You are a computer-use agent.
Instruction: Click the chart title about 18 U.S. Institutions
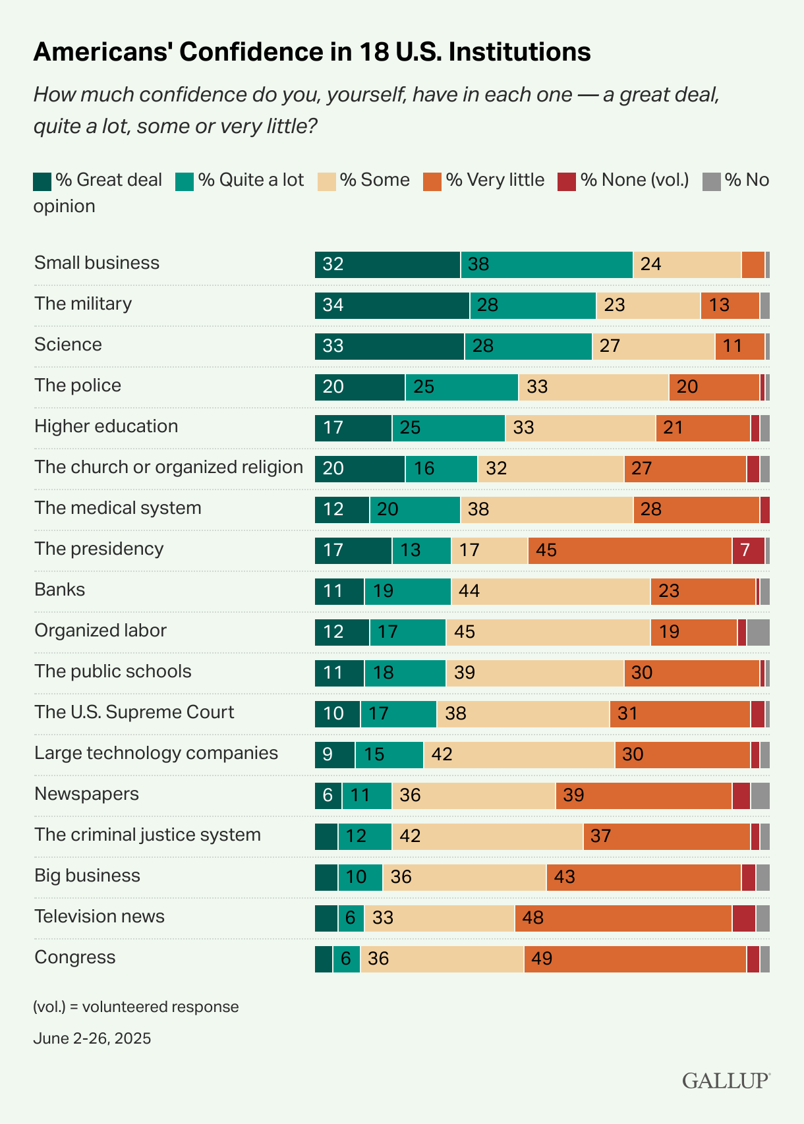coord(312,52)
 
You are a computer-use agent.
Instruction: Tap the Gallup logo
coord(726,1081)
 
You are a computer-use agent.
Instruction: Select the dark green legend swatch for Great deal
coord(42,181)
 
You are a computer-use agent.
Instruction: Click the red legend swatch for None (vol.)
coord(567,181)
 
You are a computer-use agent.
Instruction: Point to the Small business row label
coord(97,263)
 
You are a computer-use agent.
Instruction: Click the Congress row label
coord(75,957)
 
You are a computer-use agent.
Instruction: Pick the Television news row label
coord(100,916)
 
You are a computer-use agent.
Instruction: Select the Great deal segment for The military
coord(392,306)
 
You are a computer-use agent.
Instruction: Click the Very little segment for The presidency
coord(629,551)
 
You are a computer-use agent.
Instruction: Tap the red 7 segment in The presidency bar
coord(748,551)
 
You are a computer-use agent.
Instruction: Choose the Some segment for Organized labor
coord(548,632)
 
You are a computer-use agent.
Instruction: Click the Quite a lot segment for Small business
coord(546,265)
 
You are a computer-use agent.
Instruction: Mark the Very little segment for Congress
coord(635,959)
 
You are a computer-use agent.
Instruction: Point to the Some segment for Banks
coord(550,592)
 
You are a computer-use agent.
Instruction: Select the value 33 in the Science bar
coord(333,347)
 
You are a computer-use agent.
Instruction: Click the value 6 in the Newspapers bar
coord(328,796)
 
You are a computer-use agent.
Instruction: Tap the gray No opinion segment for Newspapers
coord(760,796)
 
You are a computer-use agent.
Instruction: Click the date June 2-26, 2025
coord(92,1038)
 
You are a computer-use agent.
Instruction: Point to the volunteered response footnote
coord(136,1007)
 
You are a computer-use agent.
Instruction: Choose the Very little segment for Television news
coord(623,918)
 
